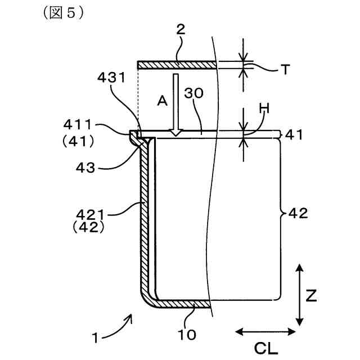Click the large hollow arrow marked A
(177, 104)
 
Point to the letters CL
(265, 349)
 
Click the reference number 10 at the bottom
(187, 335)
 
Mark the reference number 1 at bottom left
(97, 339)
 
